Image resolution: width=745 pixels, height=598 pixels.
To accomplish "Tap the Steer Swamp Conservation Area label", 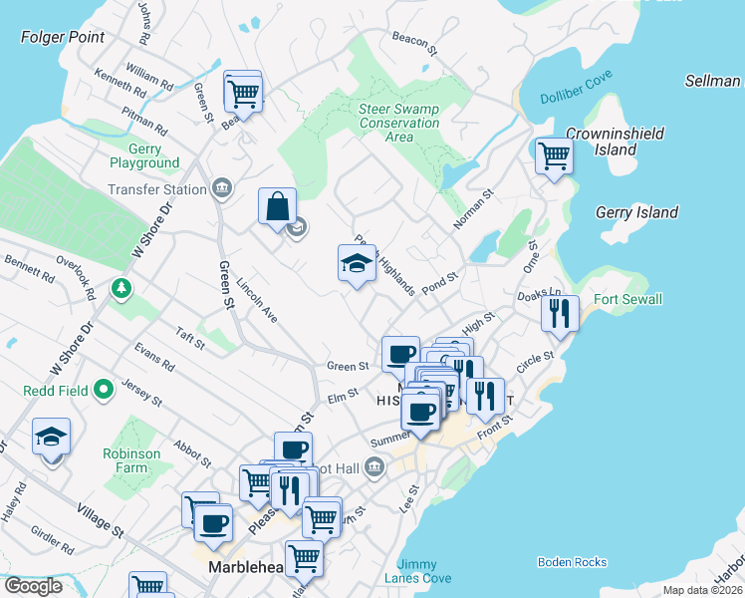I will point(398,124).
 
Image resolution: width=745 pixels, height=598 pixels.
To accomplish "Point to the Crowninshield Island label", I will point(602,142).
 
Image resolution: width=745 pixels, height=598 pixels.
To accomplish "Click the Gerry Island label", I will point(636,212).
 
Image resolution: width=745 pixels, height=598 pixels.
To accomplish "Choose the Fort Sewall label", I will point(627,299).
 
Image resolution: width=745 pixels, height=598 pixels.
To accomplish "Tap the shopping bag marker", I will point(278,206).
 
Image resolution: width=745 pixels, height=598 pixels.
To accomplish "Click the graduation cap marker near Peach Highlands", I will point(357,262).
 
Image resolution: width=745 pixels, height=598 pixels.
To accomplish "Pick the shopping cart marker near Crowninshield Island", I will point(553,155).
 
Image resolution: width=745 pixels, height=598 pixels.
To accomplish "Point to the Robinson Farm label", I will point(131,460).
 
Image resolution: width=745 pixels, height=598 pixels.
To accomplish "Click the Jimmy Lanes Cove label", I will point(423,571).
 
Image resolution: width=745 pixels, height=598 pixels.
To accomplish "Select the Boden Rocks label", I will point(572,562).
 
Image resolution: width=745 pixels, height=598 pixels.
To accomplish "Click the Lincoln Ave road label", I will point(256,299).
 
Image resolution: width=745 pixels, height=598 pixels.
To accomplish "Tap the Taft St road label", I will point(189,339).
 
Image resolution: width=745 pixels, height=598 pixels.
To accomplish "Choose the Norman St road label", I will point(473,210).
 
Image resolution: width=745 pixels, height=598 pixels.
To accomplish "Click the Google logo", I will point(32,586).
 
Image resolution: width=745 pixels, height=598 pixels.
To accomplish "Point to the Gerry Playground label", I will point(144,155).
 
